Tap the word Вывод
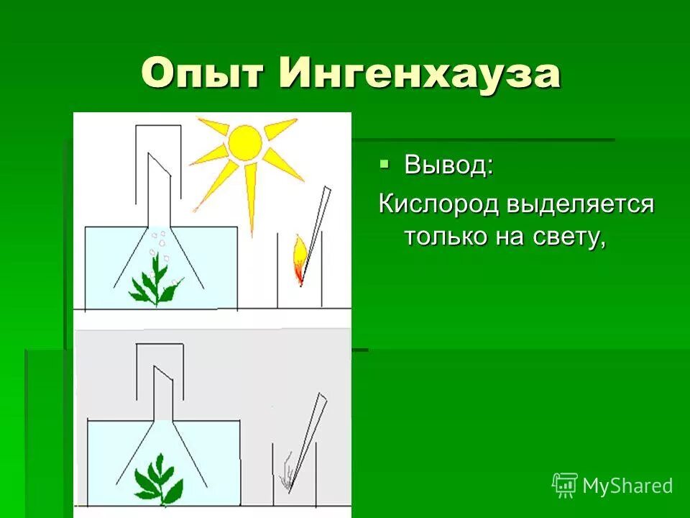[x=448, y=165]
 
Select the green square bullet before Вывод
[x=385, y=164]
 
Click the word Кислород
[x=438, y=204]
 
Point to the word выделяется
[x=580, y=204]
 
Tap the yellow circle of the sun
[x=245, y=143]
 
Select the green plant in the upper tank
[x=154, y=284]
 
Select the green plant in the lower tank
[x=159, y=478]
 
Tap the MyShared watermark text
[x=627, y=486]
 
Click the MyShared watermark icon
[x=565, y=485]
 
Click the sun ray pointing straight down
[x=251, y=198]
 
